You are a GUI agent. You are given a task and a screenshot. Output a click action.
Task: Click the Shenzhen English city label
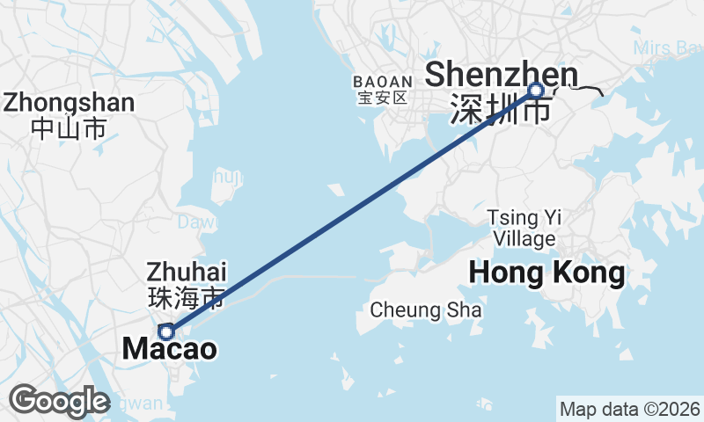(x=502, y=75)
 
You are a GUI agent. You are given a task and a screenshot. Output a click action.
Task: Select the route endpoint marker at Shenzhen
(x=536, y=90)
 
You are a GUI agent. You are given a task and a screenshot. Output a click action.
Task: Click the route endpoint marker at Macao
(x=165, y=331)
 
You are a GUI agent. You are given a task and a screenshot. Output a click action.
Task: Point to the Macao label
(x=169, y=349)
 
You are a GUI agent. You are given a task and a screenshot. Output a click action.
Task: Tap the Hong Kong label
(x=546, y=273)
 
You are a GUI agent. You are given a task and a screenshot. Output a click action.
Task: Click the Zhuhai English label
(x=187, y=270)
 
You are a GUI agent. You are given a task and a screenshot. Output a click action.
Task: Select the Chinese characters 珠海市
(x=187, y=295)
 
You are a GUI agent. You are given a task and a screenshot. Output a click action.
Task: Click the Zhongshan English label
(x=69, y=103)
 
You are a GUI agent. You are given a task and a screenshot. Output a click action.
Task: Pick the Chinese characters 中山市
(x=69, y=128)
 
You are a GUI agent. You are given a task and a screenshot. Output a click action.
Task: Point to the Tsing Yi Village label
(x=524, y=228)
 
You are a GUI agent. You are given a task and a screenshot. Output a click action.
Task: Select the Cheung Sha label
(x=426, y=309)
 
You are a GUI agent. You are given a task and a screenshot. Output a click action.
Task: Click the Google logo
(x=59, y=401)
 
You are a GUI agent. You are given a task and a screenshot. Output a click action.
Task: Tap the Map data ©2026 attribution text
(x=630, y=409)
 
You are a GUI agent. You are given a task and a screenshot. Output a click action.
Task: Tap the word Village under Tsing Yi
(x=524, y=238)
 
